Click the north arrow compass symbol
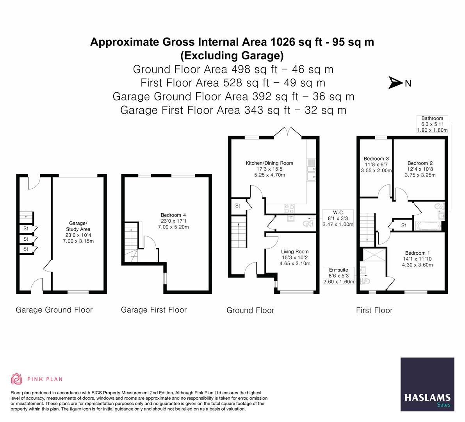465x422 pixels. point(396,83)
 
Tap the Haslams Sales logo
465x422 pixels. point(428,384)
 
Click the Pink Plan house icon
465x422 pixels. point(17,379)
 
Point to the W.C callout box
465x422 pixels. point(338,218)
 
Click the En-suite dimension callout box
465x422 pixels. point(339,276)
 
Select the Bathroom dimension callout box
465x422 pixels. point(432,124)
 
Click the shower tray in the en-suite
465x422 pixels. point(374,255)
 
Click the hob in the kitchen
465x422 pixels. point(289,208)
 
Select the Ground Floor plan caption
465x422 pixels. point(250,310)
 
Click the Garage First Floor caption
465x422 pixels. point(153,310)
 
